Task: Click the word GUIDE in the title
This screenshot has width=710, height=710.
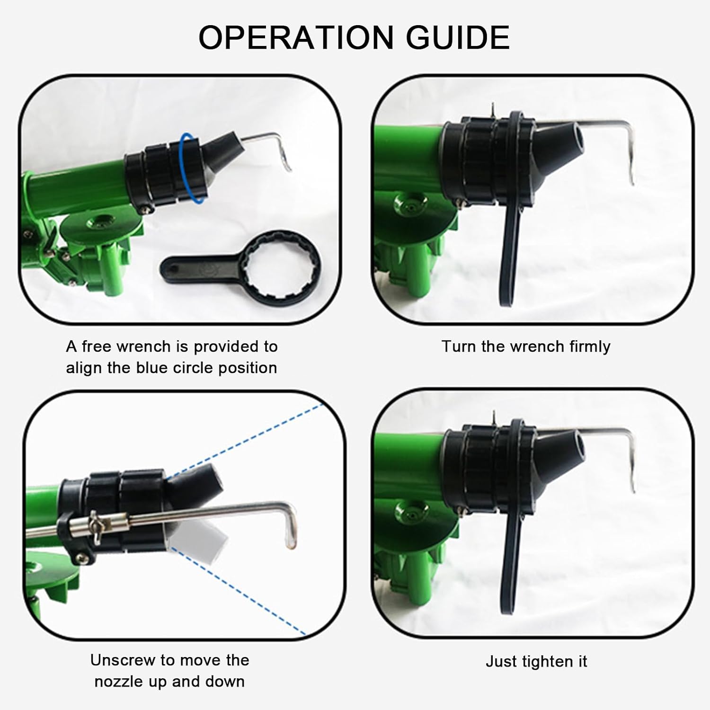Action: click(458, 37)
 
